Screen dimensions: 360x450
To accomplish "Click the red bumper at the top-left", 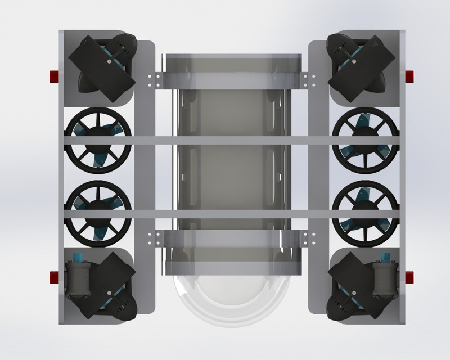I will click(54, 76).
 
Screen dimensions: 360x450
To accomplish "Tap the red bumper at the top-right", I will click(409, 76).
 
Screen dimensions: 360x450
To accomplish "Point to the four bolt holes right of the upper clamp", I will click(307, 80).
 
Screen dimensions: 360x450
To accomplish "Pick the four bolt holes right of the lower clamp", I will click(307, 238).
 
